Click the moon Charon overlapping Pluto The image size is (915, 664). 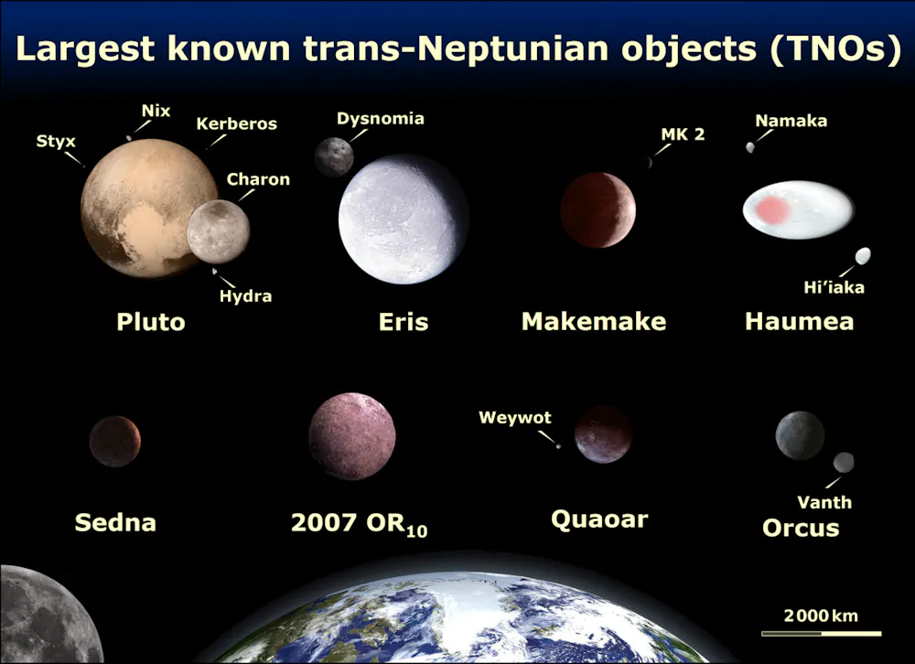coord(218,231)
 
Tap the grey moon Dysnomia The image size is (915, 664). coord(334,156)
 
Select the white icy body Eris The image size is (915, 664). coord(403,220)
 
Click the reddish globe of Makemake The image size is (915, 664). coord(597,209)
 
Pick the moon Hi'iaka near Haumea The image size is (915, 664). coord(862,256)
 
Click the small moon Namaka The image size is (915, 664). coord(750,147)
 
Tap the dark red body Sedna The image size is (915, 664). coord(115,441)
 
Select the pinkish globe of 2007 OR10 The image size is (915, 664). coord(351,436)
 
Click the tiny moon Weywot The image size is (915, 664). coord(558,446)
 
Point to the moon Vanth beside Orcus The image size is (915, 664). coord(844,462)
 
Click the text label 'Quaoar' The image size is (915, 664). coord(599,520)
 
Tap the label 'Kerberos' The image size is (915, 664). coord(236,123)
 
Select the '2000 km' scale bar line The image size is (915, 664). coord(821,633)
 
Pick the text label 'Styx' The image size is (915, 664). coord(56,142)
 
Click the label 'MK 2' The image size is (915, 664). coord(683,134)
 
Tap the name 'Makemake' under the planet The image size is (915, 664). coord(593,322)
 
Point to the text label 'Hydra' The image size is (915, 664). coord(245,296)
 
